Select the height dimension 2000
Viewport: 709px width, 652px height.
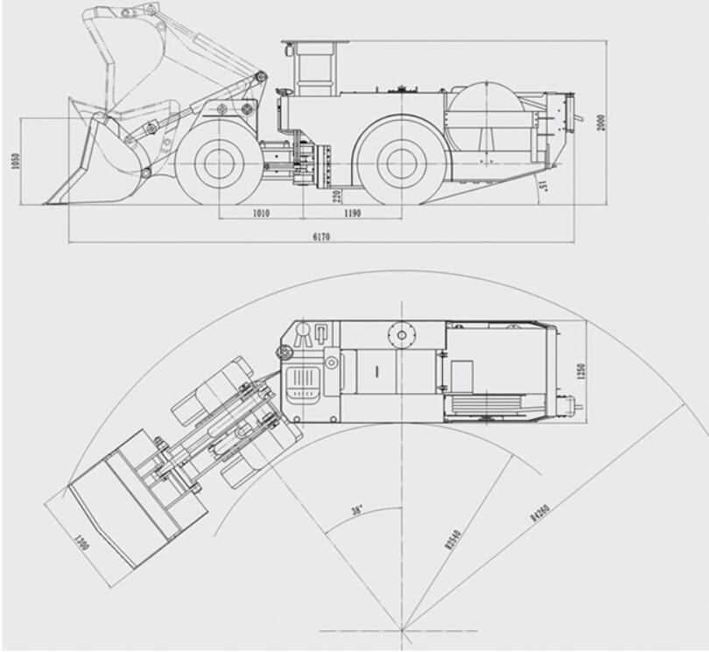(600, 122)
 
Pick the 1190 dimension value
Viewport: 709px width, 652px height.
(352, 213)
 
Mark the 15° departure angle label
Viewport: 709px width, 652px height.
(543, 185)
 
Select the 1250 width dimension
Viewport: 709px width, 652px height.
(581, 370)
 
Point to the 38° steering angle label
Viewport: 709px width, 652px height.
(356, 509)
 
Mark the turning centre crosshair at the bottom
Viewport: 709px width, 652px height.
(404, 628)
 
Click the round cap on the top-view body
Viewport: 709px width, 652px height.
(403, 333)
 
